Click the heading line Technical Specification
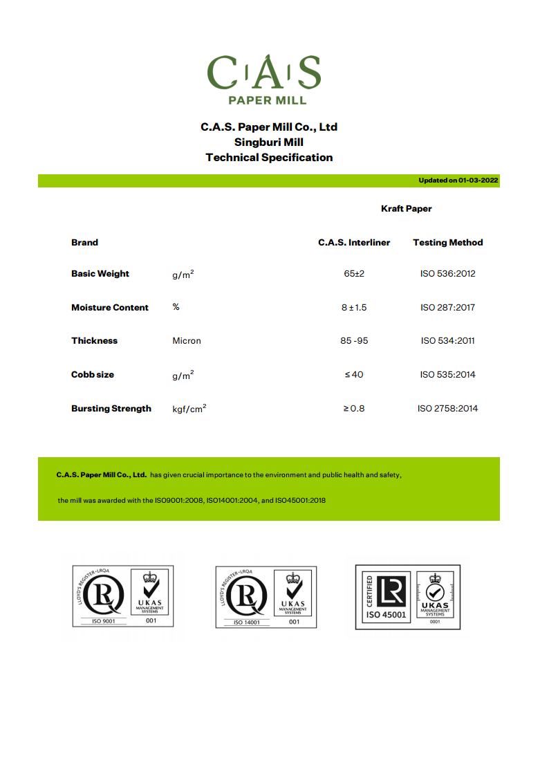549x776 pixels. point(269,158)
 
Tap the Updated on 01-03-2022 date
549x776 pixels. point(458,181)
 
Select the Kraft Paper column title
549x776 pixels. point(406,208)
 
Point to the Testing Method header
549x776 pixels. point(447,243)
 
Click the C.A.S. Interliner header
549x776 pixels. point(354,243)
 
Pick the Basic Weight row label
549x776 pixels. point(100,274)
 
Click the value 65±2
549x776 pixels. point(354,274)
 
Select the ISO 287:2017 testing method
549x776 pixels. point(447,308)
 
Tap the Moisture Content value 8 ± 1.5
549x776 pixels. point(354,308)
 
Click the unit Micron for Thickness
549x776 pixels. point(187,341)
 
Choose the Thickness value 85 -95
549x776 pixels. point(354,341)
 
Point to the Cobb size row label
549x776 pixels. point(93,375)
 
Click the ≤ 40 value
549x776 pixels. point(354,375)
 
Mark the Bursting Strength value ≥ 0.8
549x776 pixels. point(354,409)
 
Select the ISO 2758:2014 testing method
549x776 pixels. point(447,409)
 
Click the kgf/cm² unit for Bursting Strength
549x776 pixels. point(189,409)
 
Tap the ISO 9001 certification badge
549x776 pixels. point(123,596)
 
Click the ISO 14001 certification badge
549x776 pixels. point(266,597)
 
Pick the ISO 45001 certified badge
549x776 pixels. point(408,597)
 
